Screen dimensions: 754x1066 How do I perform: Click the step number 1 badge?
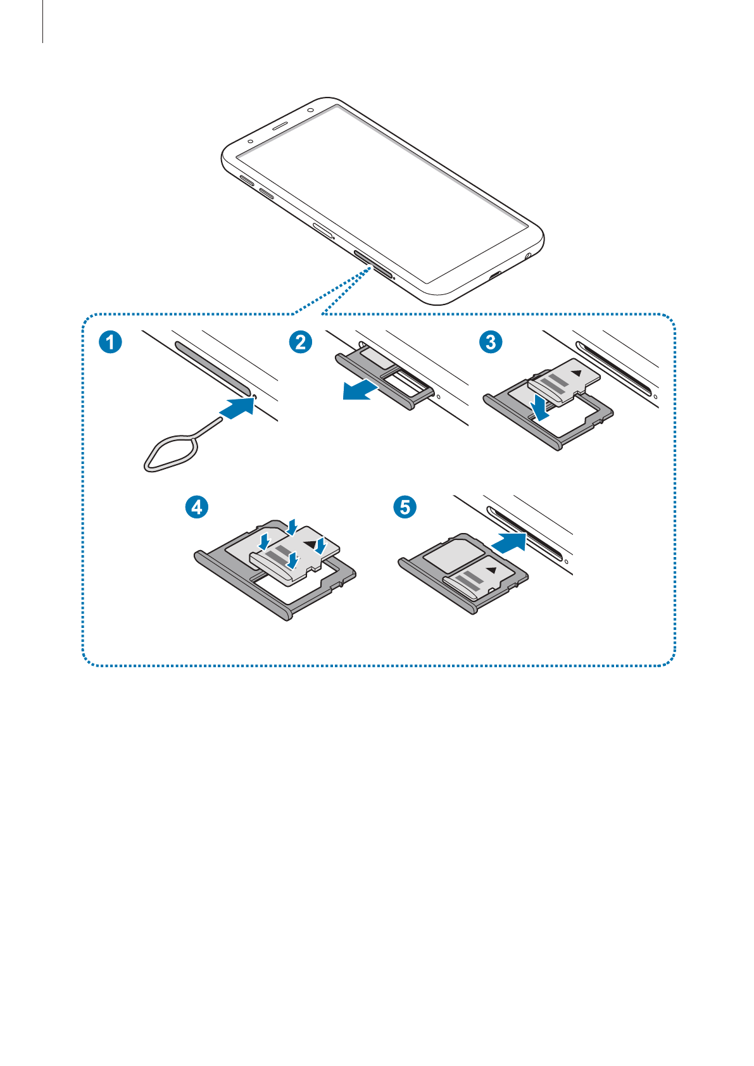coord(110,342)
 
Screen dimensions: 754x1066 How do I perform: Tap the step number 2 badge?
coord(301,342)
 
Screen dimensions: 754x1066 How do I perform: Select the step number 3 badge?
coord(491,342)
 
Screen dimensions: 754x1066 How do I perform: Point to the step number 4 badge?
coord(197,507)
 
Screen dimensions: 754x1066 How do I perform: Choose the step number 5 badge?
coord(405,507)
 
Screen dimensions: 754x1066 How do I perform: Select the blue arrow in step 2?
coord(360,389)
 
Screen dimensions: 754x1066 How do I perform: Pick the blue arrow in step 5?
coord(509,543)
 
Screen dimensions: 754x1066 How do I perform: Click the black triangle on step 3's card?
coord(577,373)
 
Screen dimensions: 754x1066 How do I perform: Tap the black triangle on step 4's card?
coord(310,544)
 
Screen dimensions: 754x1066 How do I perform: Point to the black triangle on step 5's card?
coord(492,570)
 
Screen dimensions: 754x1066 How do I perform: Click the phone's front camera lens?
coord(310,110)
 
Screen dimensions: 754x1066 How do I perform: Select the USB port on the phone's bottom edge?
coord(496,274)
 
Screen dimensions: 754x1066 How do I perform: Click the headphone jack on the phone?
coord(527,256)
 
